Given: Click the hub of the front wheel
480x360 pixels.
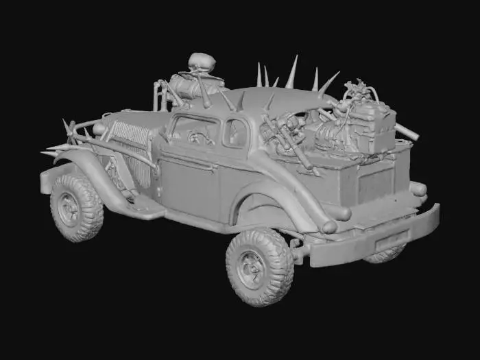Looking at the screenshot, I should coord(69,208).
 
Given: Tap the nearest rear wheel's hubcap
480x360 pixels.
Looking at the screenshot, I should coord(251,267).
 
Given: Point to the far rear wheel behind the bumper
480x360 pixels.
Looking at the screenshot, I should coord(385,254).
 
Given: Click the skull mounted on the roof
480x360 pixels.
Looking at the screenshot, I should coord(202,64).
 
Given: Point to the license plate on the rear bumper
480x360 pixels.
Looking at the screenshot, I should coord(391,239).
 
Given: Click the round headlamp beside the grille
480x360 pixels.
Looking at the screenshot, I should coord(100,129).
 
